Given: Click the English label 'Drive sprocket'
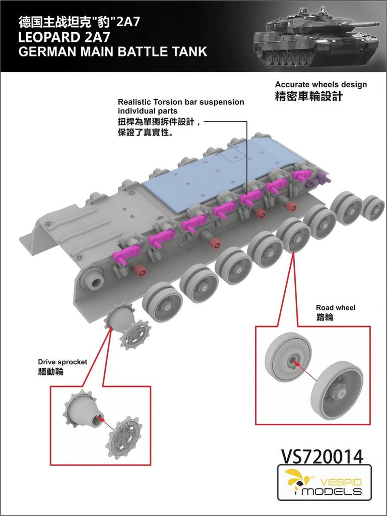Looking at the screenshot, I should click(x=62, y=362).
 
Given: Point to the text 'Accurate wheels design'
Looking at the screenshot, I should click(x=320, y=84).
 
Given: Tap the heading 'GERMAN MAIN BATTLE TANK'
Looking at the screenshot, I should click(x=112, y=51).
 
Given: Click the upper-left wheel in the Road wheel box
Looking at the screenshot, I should click(x=288, y=357).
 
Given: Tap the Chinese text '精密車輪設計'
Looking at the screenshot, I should click(x=308, y=96).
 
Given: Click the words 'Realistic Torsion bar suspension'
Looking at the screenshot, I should click(x=180, y=102).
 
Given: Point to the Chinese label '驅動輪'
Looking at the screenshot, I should click(x=51, y=371).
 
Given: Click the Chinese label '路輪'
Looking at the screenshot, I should click(x=324, y=317).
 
